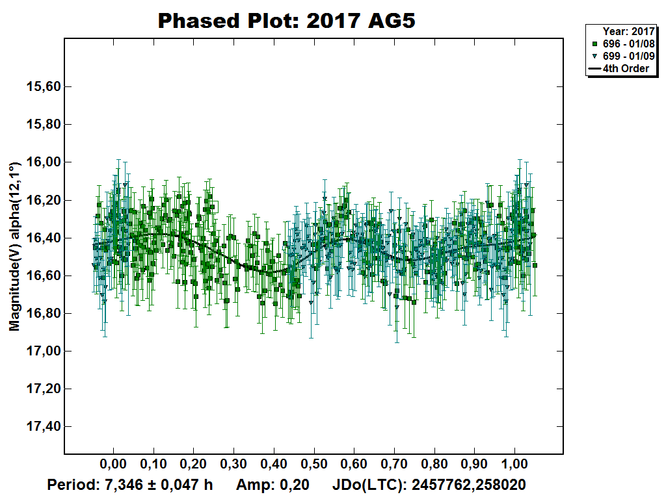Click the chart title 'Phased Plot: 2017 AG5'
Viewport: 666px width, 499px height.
tap(287, 21)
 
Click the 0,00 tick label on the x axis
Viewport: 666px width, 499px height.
tap(113, 465)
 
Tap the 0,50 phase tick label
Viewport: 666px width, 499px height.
tap(314, 465)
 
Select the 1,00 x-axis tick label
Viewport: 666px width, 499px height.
tap(515, 465)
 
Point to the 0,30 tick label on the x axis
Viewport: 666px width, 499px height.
tap(233, 465)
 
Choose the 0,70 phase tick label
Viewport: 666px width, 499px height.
tap(394, 465)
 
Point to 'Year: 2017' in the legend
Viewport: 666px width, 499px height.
tap(628, 31)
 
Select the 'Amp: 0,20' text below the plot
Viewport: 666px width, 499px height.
tap(272, 485)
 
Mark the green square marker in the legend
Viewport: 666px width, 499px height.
tap(594, 44)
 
